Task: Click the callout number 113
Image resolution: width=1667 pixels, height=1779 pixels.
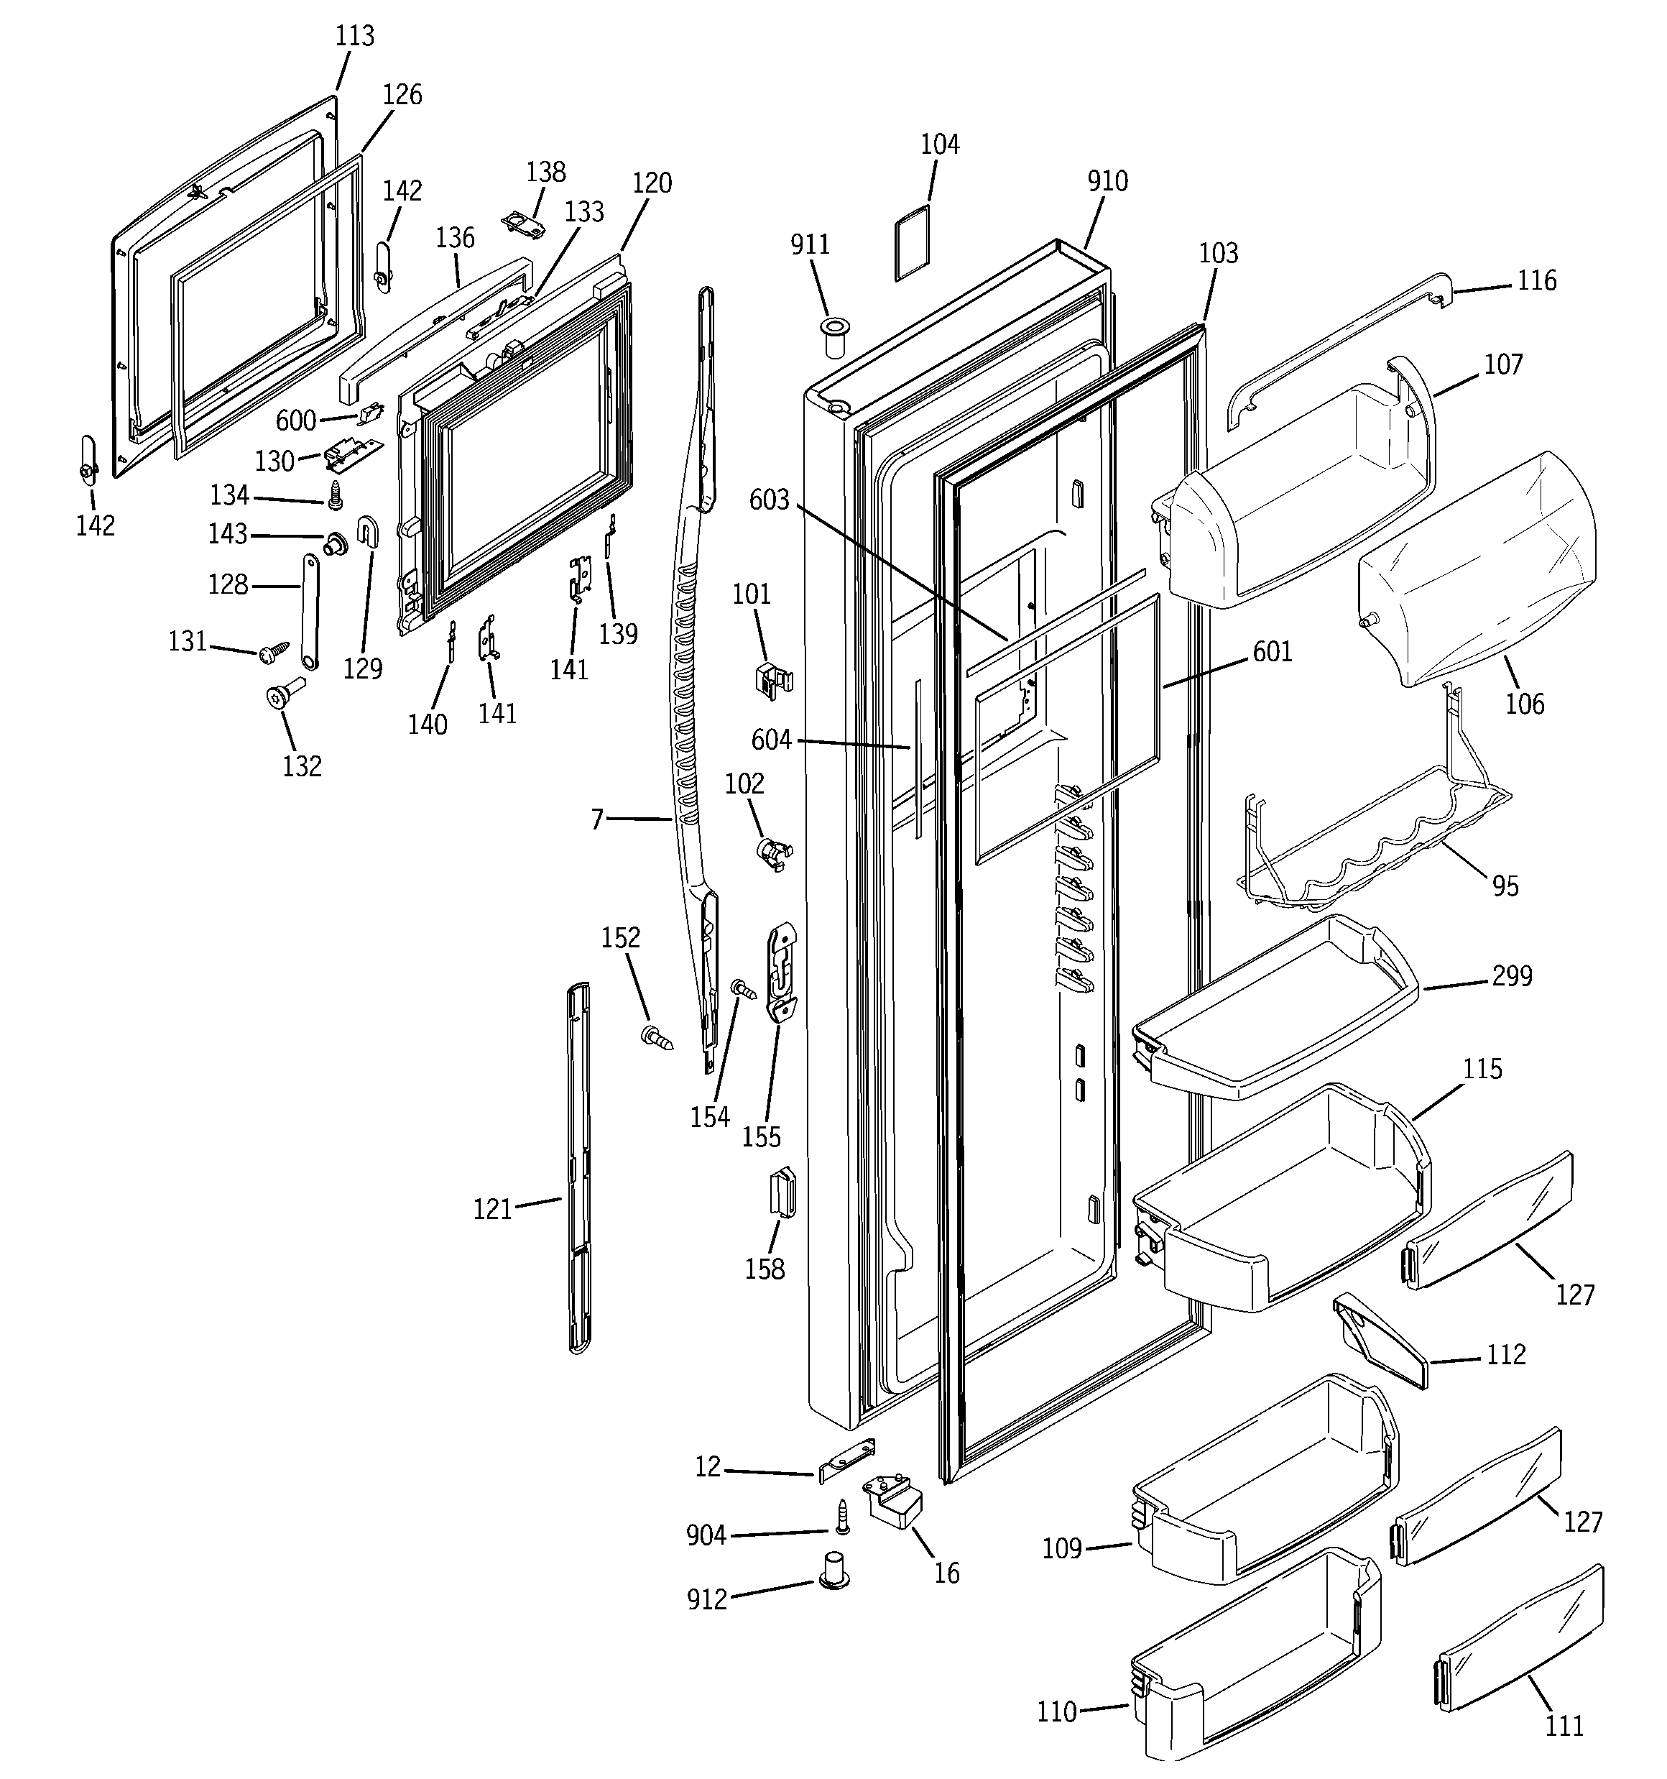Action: click(354, 37)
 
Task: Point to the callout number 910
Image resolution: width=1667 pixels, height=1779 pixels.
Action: click(1107, 182)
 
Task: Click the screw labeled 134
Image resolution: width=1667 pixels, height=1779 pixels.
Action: click(336, 495)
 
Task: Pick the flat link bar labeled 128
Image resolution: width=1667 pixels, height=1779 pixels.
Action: click(310, 611)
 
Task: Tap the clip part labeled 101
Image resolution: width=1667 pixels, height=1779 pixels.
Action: click(771, 679)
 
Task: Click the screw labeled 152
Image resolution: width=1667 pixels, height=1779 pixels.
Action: click(657, 1039)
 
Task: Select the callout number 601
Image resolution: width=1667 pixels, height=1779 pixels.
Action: click(1272, 653)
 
